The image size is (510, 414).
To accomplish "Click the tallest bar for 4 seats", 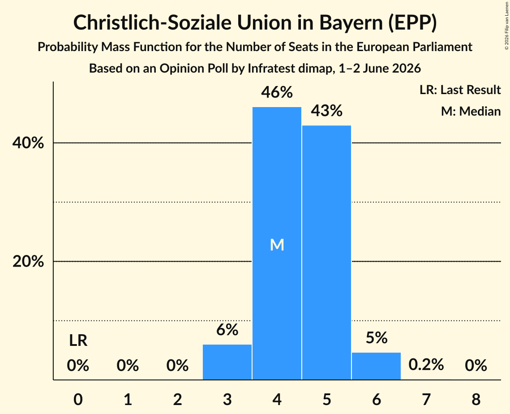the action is point(277,243).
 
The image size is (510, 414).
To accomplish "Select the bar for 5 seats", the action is point(326,252).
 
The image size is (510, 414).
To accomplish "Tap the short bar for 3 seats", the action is point(227,362).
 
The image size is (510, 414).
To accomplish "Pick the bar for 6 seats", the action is point(376,366).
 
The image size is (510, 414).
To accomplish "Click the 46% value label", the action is point(277,92).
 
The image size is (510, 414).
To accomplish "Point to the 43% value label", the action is point(326,111).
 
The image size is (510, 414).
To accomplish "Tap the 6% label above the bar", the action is point(227,330).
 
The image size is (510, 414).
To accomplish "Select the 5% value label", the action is point(376,338).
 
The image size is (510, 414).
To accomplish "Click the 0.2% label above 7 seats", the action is point(426,365).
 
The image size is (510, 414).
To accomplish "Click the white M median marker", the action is point(277,245).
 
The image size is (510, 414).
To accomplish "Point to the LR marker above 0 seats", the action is point(78,341).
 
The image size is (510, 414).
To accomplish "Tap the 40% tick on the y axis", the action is point(28,143).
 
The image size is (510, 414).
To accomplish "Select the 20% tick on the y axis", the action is point(28,261).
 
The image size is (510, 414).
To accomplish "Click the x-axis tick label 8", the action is point(476,399).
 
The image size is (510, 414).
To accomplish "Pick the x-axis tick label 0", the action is point(78,399).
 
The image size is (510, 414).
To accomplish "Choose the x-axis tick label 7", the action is point(426,399).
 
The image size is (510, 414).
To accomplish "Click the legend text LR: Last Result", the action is point(460,90).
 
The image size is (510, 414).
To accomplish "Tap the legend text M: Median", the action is point(471,111).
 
